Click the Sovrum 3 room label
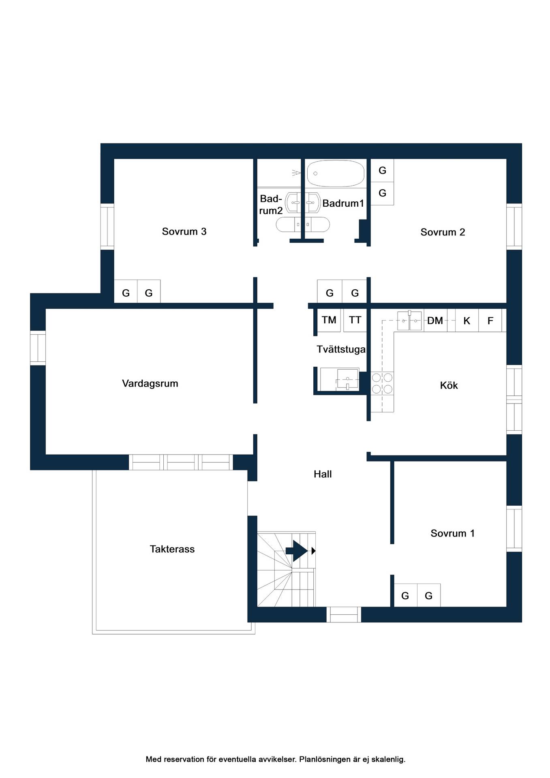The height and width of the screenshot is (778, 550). pos(184,231)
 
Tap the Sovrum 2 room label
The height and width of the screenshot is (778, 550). pos(443,232)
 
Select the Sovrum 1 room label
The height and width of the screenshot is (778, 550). pos(452,533)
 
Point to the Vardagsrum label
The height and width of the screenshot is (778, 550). pos(150,383)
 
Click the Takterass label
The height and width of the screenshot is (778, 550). pos(172,549)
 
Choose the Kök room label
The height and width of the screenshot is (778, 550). pos(449,385)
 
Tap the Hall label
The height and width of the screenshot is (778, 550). pos(323,474)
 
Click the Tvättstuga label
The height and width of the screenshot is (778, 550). pos(341,349)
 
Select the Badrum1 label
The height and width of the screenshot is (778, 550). pos(343,203)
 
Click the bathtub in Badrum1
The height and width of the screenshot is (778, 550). pos(335,173)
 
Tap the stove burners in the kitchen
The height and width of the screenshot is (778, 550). pos(382,383)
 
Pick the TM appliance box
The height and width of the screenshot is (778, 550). pos(329,320)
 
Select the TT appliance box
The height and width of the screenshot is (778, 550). pos(355,320)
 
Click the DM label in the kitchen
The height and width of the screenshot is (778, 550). pos(435,321)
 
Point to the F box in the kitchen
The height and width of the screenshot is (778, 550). pos(490,321)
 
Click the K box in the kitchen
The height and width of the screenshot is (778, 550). pos(467,321)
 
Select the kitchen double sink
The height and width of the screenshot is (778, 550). pos(409,321)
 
